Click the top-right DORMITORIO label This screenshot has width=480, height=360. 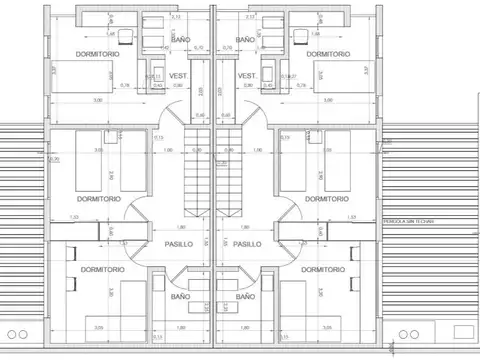[327, 54]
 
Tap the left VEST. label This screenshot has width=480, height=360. [180, 77]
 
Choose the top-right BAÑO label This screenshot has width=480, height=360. [245, 39]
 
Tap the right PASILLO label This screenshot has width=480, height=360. [249, 242]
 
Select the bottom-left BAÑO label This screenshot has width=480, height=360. [182, 296]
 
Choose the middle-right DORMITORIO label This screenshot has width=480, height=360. [327, 199]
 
